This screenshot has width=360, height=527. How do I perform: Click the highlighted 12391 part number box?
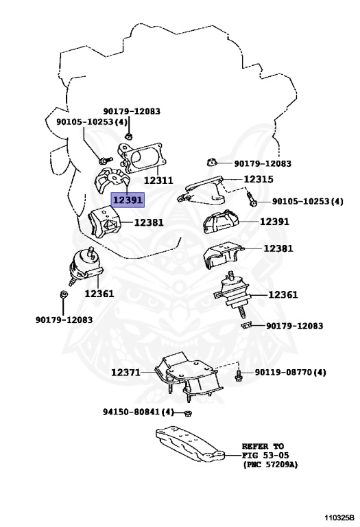click(128, 200)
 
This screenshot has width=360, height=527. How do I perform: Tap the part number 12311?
click(158, 180)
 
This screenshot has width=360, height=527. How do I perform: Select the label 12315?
click(259, 179)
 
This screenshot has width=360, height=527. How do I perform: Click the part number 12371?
click(126, 373)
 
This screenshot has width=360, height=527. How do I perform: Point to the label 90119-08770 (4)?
click(290, 373)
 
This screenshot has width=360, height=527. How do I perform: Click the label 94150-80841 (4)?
click(139, 412)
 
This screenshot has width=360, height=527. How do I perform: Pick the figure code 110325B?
click(339, 517)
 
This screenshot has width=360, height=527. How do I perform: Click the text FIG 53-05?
click(265, 456)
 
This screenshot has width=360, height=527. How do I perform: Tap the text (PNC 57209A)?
click(270, 465)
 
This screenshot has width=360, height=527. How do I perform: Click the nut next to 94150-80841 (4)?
click(188, 412)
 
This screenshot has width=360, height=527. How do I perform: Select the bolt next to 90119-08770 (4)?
click(239, 375)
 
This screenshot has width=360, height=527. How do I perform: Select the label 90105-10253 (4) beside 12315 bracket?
click(308, 201)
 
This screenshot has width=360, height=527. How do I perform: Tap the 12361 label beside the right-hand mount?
click(283, 295)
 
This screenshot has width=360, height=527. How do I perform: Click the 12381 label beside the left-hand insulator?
click(149, 222)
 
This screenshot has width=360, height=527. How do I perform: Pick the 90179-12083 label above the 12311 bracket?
click(132, 111)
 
